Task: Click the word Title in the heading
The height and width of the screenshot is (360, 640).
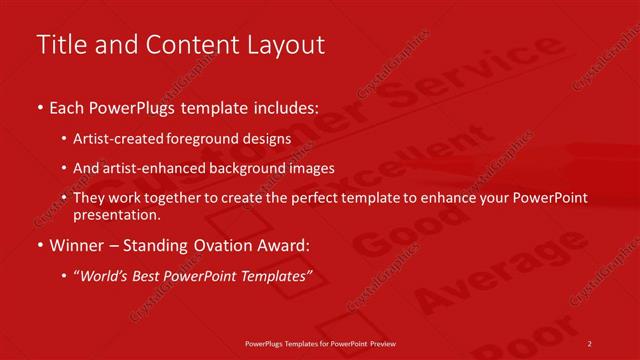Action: click(58, 45)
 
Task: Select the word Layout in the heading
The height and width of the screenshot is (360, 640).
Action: click(289, 45)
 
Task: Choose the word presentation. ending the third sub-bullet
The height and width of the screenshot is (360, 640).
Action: click(116, 214)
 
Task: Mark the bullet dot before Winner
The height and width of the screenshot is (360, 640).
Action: click(39, 245)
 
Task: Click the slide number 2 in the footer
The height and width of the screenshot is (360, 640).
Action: click(590, 343)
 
